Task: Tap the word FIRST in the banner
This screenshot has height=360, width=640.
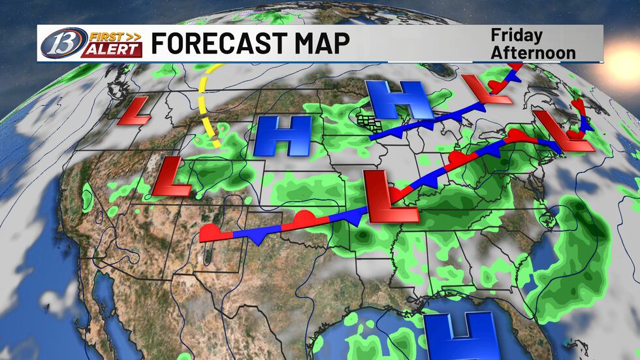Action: point(104,37)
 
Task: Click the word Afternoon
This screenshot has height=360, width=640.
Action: point(533,52)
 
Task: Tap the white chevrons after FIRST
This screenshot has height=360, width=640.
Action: point(133,37)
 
